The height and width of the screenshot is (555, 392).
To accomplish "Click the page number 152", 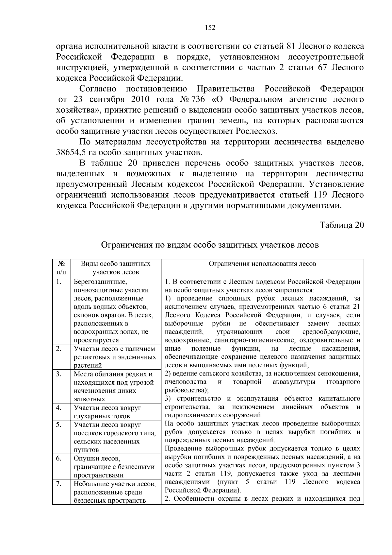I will point(210,28).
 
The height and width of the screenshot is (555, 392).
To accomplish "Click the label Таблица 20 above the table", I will point(341,225).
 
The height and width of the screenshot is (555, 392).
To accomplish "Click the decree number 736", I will point(199,99).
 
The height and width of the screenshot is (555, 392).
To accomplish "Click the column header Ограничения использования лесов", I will point(262,264).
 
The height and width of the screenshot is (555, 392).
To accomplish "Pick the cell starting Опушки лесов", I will point(114,467).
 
